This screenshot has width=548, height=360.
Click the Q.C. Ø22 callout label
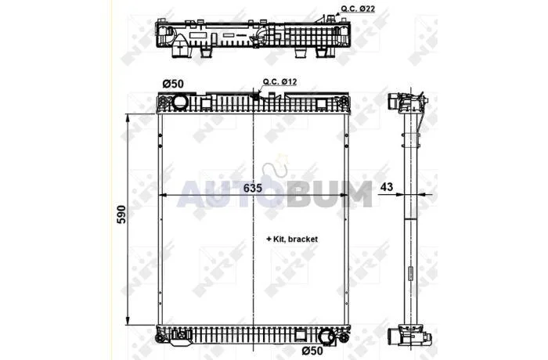[358, 9]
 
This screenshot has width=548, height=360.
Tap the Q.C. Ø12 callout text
[280, 81]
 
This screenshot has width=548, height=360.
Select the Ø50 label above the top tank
[173, 84]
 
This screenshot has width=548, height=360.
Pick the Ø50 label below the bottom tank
[312, 350]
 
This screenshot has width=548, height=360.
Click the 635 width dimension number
[252, 188]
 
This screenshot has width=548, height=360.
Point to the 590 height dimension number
[121, 214]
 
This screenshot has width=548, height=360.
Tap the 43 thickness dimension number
[387, 187]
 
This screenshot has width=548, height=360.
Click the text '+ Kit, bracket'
[292, 239]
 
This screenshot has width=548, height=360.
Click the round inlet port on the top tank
[180, 102]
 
